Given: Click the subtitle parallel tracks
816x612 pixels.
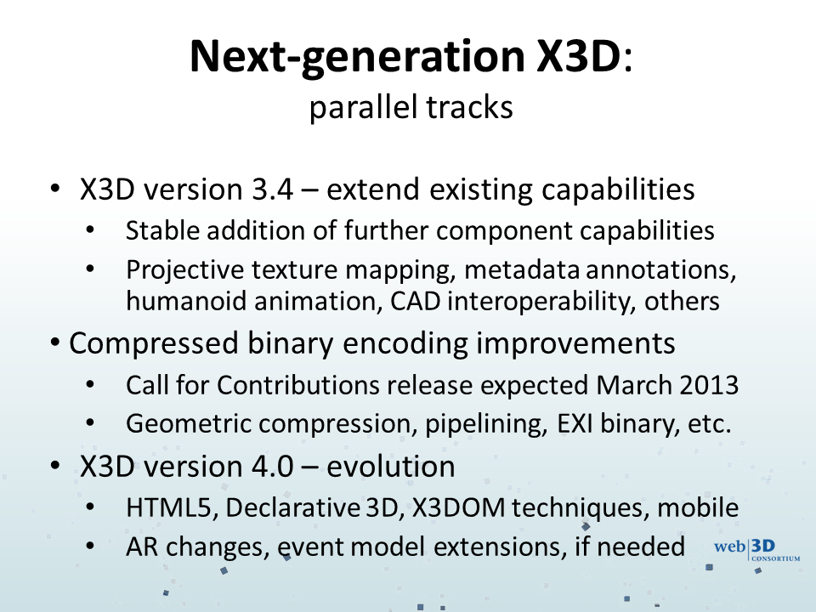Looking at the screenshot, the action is click(411, 108).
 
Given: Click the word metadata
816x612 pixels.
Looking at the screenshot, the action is click(521, 269).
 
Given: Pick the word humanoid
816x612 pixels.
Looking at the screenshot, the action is click(186, 301).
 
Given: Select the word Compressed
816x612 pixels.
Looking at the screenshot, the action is click(154, 344).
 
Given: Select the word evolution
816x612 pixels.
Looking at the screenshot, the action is click(391, 467).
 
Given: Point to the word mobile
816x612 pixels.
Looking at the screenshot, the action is click(698, 508).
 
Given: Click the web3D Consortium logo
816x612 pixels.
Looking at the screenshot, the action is click(757, 551).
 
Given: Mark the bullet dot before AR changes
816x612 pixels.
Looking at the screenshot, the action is click(90, 546).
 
